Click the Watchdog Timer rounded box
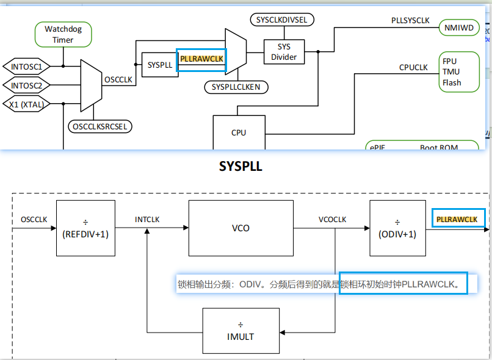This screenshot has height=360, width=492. click(63, 35)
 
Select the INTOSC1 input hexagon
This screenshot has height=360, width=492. click(27, 66)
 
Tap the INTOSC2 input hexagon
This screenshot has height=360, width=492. click(27, 85)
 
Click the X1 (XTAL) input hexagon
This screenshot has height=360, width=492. click(26, 104)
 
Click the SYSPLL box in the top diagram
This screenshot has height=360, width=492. click(159, 65)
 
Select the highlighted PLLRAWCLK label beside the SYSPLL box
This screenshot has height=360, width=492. click(201, 59)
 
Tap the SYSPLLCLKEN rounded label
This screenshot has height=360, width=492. click(236, 87)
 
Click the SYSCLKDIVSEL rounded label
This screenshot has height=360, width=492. click(281, 20)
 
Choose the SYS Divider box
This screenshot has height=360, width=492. click(284, 52)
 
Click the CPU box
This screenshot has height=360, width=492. click(239, 132)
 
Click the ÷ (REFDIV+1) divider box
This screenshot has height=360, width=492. click(85, 228)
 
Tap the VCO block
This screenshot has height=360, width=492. click(241, 228)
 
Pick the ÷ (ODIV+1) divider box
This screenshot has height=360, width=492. click(397, 228)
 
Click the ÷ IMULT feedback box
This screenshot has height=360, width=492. click(240, 331)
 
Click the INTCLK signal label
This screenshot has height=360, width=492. click(147, 220)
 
